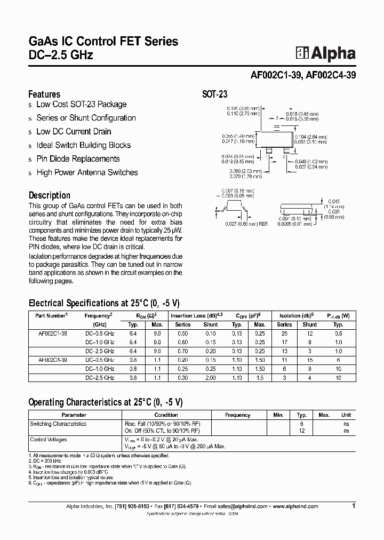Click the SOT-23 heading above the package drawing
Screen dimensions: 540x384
(214, 94)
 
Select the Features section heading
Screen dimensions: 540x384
(44, 94)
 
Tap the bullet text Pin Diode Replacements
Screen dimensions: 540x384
(78, 158)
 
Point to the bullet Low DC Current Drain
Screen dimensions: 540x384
(74, 131)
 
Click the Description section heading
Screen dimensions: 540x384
(49, 195)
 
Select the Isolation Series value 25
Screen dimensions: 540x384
(284, 333)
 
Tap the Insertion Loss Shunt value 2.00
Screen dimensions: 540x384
(211, 377)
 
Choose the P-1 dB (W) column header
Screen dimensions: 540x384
(338, 316)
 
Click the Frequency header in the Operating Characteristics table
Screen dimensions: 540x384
(237, 415)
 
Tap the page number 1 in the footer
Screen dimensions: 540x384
(354, 505)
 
